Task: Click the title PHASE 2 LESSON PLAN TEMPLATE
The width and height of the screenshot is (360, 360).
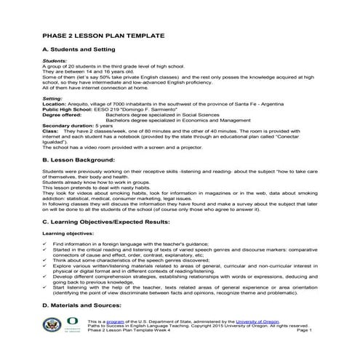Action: click(103, 35)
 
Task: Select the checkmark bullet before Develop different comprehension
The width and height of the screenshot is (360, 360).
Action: click(45, 276)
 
